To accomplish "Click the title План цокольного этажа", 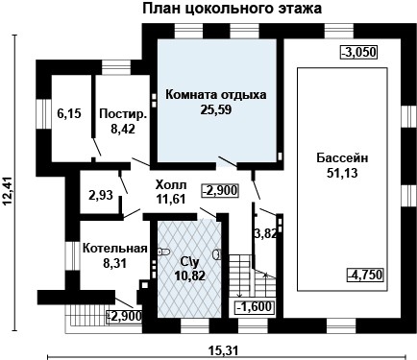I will coord(233,10).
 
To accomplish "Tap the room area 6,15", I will coord(68,113).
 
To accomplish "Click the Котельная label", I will coord(114,247).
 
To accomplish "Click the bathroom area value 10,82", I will coord(188,275).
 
